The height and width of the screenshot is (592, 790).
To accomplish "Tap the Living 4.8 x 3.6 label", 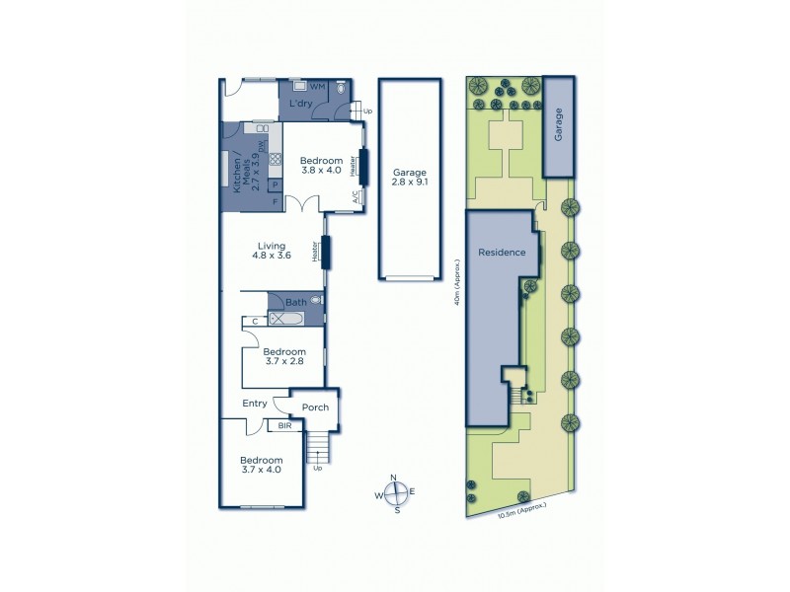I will [x=272, y=252].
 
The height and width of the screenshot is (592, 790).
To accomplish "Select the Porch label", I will [x=315, y=407].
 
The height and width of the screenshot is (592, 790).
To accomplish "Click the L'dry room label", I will [x=301, y=104].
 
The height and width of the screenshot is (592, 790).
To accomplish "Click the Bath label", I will [x=296, y=302].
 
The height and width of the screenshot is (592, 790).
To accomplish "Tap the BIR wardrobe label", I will [x=284, y=425].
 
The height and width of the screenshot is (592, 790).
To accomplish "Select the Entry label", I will [x=255, y=403].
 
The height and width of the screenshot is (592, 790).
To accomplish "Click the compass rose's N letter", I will [x=393, y=480].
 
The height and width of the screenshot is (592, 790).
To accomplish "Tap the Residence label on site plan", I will [x=502, y=253].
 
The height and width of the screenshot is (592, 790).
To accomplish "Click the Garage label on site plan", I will [x=558, y=127].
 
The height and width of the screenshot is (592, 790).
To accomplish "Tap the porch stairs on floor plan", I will [x=316, y=448].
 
